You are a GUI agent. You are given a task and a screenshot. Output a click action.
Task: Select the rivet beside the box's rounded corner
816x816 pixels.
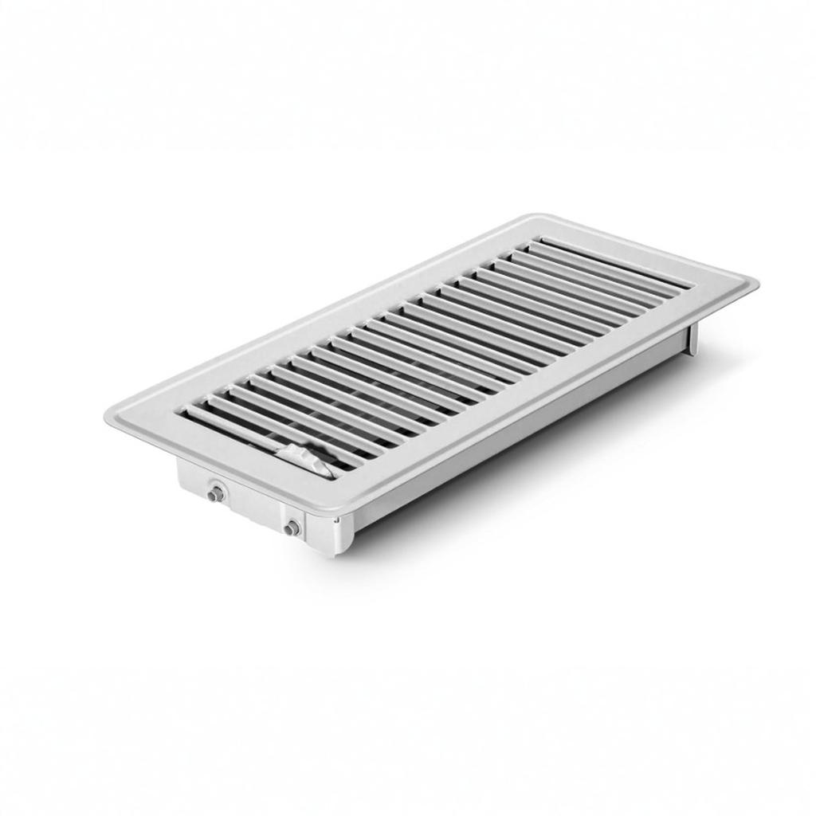[x=292, y=527]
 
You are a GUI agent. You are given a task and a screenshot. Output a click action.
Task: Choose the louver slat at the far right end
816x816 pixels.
[x=614, y=256]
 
